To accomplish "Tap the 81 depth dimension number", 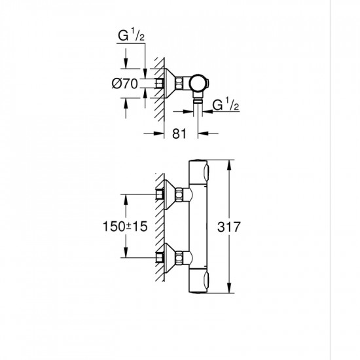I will (180, 134).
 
